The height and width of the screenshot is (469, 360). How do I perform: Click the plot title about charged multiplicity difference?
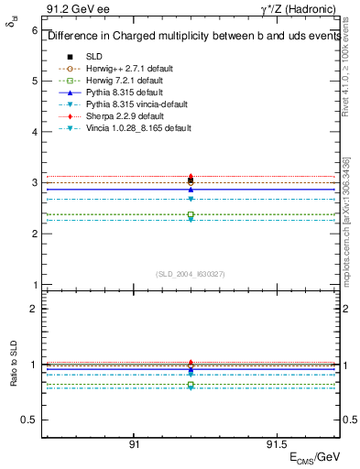(191, 37)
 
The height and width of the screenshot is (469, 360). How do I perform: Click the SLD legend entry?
(94, 57)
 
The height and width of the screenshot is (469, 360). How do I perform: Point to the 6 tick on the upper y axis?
(34, 30)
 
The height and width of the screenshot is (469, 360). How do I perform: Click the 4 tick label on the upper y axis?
(34, 132)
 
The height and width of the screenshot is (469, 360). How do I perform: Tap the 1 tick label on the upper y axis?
(34, 285)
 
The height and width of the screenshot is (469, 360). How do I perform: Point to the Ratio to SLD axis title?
(14, 377)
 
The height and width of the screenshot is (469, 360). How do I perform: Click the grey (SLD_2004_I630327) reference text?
(191, 273)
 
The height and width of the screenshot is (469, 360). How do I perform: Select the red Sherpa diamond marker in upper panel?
(191, 177)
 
